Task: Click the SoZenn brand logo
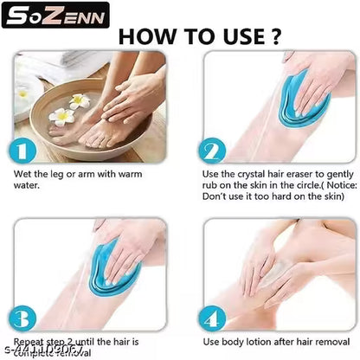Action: pos(55,15)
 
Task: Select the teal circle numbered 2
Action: pos(210,151)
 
